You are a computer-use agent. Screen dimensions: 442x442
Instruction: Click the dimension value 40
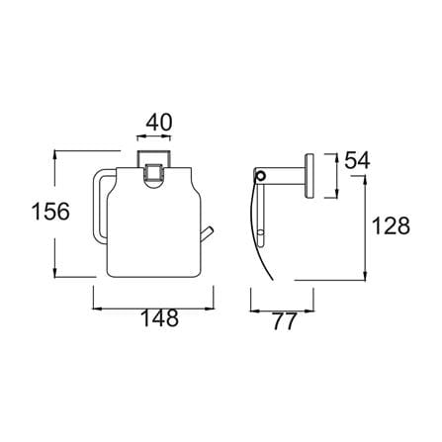click(x=159, y=123)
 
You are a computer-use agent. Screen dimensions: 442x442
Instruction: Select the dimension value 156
click(x=50, y=212)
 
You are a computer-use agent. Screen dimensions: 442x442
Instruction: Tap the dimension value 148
click(x=159, y=317)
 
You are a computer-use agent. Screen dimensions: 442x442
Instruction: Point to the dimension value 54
click(x=357, y=161)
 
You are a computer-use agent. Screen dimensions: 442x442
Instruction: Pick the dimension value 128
click(x=391, y=225)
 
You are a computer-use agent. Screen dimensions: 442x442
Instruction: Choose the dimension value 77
click(x=285, y=321)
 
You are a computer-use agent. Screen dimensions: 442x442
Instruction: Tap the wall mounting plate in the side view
click(x=309, y=176)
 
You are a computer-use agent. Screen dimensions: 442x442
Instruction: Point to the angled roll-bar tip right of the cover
click(x=208, y=233)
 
